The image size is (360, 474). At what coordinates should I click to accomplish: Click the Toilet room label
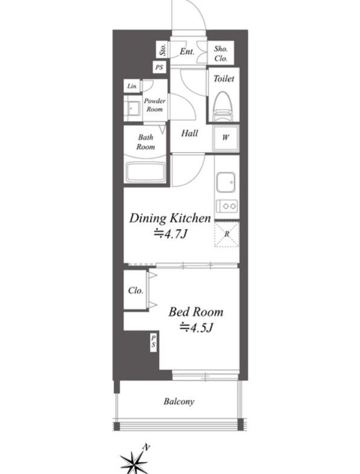tap(224, 78)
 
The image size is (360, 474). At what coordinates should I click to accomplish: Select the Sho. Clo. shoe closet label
tap(221, 54)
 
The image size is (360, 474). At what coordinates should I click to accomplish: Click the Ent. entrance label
tap(187, 52)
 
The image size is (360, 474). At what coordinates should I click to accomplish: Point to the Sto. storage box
tap(163, 49)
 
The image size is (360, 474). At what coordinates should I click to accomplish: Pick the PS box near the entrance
tap(159, 67)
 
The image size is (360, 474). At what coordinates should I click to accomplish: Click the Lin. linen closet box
tap(132, 86)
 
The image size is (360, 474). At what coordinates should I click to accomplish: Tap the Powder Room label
tap(154, 105)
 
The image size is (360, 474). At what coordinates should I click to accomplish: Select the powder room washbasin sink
tap(133, 108)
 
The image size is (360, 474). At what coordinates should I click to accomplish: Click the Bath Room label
tap(145, 142)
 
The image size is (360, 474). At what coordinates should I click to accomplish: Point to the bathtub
tap(145, 172)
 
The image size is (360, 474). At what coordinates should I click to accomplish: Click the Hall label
tap(189, 133)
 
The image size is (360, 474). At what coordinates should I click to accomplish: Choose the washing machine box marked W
tap(226, 138)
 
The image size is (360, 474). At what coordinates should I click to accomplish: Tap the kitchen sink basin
tap(226, 182)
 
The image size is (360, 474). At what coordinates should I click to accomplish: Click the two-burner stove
tap(227, 206)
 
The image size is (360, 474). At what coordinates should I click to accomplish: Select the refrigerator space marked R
tap(227, 234)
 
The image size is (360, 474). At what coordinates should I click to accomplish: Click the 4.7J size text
tap(171, 233)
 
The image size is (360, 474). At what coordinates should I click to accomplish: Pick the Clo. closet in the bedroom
tap(136, 290)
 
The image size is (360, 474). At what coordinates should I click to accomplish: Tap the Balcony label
tap(178, 402)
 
